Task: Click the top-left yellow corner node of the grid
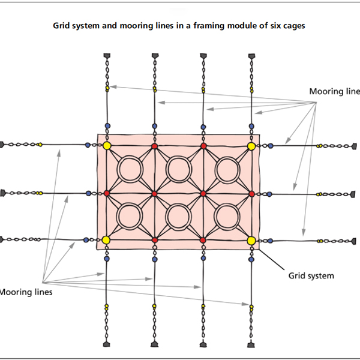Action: [107, 146]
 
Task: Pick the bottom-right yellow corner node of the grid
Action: [251, 241]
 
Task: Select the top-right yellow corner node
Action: [251, 146]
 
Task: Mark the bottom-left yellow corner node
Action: [107, 241]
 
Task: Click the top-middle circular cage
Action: [179, 170]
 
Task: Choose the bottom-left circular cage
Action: [130, 217]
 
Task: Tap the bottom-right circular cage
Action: [227, 217]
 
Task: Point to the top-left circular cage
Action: [130, 170]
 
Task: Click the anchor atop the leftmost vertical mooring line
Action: [107, 56]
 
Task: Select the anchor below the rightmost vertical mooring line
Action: [251, 344]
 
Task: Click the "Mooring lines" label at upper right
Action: [334, 92]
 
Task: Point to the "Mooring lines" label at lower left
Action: [26, 292]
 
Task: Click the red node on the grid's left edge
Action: [107, 193]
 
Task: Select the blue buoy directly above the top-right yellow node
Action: [251, 126]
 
